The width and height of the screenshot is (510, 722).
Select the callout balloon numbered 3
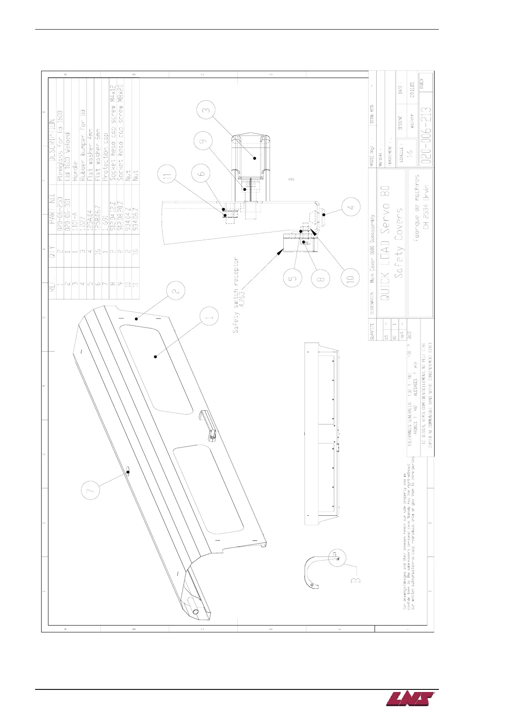pyautogui.click(x=207, y=111)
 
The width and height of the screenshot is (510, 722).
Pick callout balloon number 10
pyautogui.click(x=351, y=278)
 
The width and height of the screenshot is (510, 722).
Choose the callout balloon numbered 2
pyautogui.click(x=176, y=290)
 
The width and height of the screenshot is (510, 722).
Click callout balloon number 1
pyautogui.click(x=209, y=318)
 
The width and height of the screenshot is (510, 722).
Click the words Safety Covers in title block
pyautogui.click(x=399, y=242)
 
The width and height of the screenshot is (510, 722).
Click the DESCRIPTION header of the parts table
pyautogui.click(x=52, y=141)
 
